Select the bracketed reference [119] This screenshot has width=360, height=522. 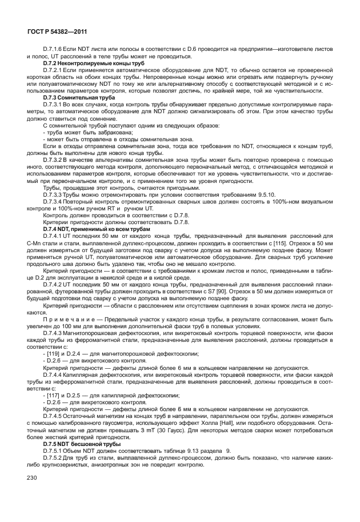pyautogui.click(x=51, y=353)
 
